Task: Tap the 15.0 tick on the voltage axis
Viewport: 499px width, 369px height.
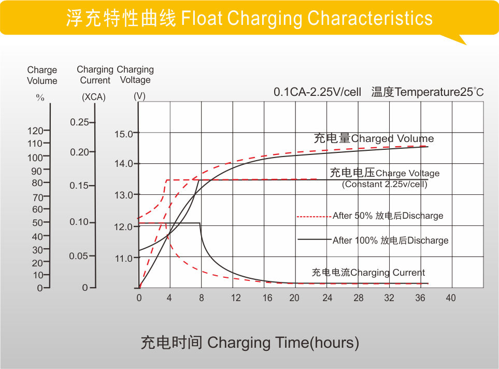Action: (x=124, y=134)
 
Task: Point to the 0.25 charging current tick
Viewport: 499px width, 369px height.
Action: (x=80, y=122)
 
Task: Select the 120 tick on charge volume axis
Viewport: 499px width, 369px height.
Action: (x=35, y=131)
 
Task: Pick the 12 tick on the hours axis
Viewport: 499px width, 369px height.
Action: (x=236, y=298)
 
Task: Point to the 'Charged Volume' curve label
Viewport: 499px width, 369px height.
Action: (x=374, y=138)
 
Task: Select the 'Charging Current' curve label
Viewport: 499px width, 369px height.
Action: (x=368, y=273)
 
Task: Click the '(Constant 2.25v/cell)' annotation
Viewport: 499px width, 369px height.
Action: (x=384, y=184)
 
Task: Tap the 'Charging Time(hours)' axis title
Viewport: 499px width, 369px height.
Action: (x=250, y=343)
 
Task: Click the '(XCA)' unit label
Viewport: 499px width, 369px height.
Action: (x=94, y=97)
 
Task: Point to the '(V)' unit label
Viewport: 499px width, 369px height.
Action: (x=139, y=96)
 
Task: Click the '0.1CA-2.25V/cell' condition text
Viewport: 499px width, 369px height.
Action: (x=317, y=92)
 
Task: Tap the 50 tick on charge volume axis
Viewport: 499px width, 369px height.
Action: (x=37, y=223)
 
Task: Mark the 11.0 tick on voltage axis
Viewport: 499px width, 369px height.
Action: (x=124, y=258)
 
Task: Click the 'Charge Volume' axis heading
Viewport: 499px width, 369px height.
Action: (x=42, y=75)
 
